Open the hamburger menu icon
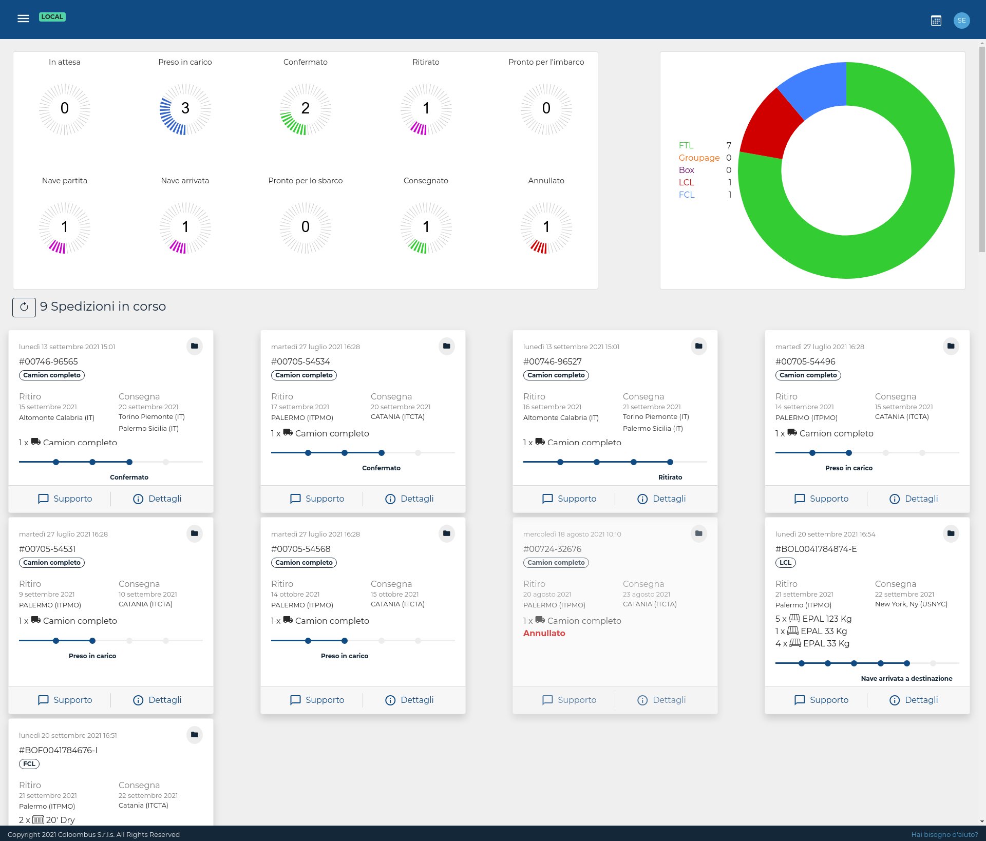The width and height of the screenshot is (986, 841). coord(23,19)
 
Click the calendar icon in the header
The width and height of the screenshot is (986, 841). coord(936,21)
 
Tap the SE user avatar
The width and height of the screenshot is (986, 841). coord(961,21)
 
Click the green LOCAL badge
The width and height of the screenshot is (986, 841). coord(52,17)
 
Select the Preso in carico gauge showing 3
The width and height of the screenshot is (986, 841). coord(185,108)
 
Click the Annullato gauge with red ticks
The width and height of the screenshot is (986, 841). coord(546,227)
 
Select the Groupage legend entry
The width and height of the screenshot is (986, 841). coord(698,158)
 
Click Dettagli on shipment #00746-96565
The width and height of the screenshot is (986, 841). coord(157,499)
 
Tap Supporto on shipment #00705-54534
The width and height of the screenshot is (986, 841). coord(317,499)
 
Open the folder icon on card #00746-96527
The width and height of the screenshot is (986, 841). coord(698,346)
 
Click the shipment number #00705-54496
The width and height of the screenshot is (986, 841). coord(805,361)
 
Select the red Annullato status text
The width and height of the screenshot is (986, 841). coord(544,633)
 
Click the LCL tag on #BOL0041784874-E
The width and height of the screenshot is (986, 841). coord(785,563)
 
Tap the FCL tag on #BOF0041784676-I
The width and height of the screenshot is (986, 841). coord(29,764)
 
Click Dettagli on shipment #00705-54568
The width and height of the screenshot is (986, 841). coord(409,700)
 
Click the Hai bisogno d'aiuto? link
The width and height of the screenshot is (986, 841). coord(944,834)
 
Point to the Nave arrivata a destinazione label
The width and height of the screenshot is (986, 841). coord(906,678)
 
